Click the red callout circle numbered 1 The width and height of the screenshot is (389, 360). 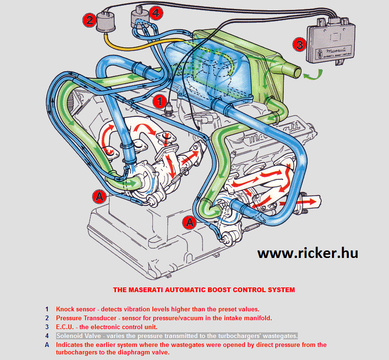(x=159, y=100)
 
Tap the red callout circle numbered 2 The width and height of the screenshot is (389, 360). (x=90, y=20)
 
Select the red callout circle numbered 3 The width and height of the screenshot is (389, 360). (x=300, y=45)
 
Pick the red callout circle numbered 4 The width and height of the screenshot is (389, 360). (x=156, y=14)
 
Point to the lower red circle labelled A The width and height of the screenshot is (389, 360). (x=189, y=221)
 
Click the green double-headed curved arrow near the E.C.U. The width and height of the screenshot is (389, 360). (x=313, y=75)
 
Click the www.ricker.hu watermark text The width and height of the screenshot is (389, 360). (x=308, y=253)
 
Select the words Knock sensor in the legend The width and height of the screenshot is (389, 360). (x=75, y=309)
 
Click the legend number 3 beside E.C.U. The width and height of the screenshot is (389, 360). (x=47, y=327)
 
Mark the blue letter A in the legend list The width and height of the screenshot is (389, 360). (x=47, y=345)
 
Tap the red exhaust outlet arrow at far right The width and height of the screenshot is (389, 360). (x=312, y=201)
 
